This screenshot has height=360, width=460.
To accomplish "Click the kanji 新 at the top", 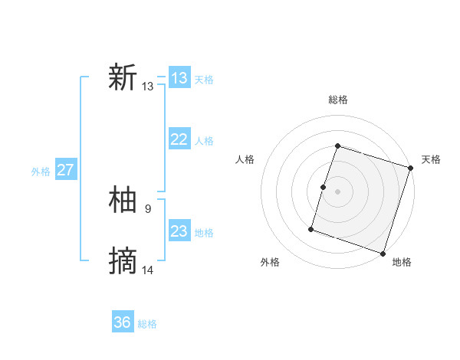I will [123, 78].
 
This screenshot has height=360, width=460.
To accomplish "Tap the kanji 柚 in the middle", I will [123, 200].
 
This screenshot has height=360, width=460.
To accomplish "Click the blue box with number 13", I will [179, 78].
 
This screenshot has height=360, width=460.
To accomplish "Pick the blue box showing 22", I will [179, 139].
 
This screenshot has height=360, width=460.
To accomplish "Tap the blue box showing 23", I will [179, 231].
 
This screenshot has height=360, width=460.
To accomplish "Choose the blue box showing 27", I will [66, 170].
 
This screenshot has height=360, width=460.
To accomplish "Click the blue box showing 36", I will [123, 322].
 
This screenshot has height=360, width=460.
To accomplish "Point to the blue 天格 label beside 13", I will [204, 80].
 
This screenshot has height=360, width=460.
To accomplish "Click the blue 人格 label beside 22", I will [204, 141].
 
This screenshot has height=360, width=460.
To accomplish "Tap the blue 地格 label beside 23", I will [204, 233].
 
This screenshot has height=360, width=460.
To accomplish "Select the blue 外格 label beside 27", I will [41, 172].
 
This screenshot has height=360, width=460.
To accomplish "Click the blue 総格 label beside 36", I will [147, 324].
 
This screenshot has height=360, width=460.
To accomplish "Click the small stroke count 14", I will [148, 269].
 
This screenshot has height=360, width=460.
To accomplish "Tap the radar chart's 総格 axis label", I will [338, 100].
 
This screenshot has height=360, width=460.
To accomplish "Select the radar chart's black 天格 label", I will [432, 159].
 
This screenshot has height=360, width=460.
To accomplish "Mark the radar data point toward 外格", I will [311, 229].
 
